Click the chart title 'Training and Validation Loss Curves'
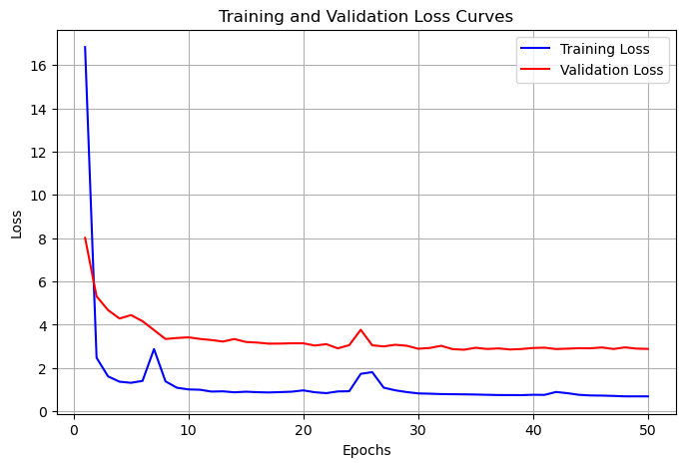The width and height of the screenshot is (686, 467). click(x=365, y=17)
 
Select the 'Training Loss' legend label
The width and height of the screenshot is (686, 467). click(x=604, y=49)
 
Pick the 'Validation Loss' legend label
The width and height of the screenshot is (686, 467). click(x=611, y=70)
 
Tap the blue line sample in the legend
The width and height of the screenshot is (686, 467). click(x=534, y=49)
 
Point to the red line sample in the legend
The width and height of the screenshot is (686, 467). click(x=534, y=70)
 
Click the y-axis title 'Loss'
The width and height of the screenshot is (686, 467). click(x=17, y=225)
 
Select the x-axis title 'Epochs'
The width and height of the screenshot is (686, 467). click(x=366, y=450)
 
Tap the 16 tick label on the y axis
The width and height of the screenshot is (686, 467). click(x=38, y=66)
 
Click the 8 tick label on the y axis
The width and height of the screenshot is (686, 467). click(x=42, y=239)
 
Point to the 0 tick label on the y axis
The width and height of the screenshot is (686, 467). click(x=42, y=412)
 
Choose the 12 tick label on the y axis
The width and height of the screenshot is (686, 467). click(x=38, y=153)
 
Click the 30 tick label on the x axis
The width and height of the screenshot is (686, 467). click(x=418, y=431)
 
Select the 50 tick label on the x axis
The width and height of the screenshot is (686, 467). click(x=648, y=431)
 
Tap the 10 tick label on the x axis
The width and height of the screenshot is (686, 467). click(x=189, y=431)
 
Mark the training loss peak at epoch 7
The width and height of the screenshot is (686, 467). click(x=154, y=349)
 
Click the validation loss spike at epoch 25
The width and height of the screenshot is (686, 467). click(x=360, y=329)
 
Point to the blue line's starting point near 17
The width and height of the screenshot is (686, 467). click(x=85, y=46)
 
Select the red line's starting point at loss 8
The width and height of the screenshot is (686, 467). click(x=85, y=237)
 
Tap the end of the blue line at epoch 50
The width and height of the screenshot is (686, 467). click(x=648, y=396)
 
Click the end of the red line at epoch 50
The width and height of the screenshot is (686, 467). click(x=648, y=349)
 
